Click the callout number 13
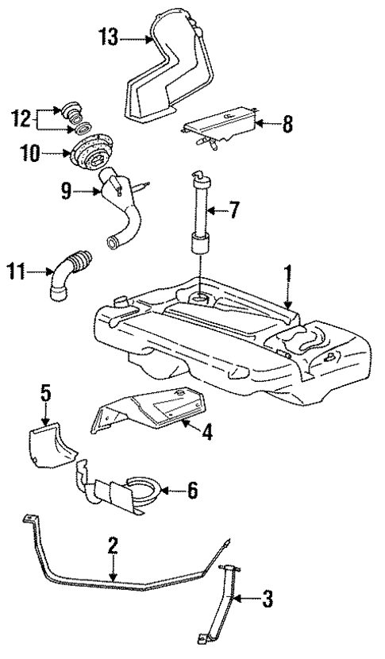tap(109, 37)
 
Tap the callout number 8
tap(287, 125)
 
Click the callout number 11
tap(21, 272)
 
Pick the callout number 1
tap(290, 276)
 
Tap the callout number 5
tap(46, 392)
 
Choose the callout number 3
tap(268, 600)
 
